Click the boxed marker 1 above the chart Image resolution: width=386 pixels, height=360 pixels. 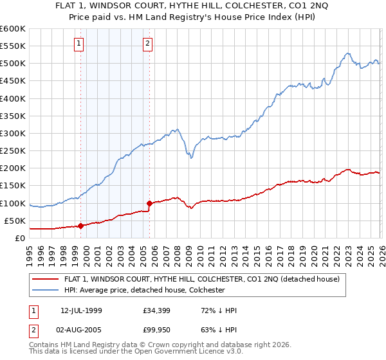click(x=78, y=44)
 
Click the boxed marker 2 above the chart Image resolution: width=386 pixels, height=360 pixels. click(x=147, y=44)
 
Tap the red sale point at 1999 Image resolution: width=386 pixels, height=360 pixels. click(x=80, y=226)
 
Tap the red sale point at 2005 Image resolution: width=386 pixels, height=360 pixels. click(x=149, y=203)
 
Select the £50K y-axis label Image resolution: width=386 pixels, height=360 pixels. click(x=15, y=221)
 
